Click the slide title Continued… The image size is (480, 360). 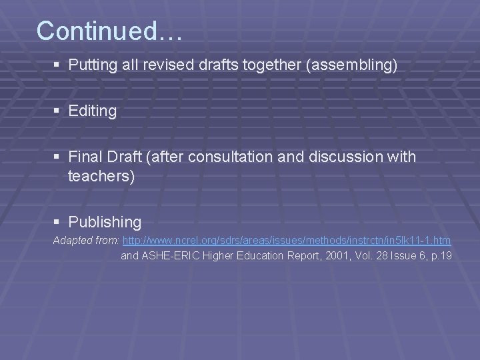click(x=109, y=31)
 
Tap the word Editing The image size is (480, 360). click(x=92, y=111)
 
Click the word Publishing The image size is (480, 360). click(x=105, y=222)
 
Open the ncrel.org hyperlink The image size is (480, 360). click(x=287, y=240)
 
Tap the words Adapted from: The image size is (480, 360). click(x=86, y=240)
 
